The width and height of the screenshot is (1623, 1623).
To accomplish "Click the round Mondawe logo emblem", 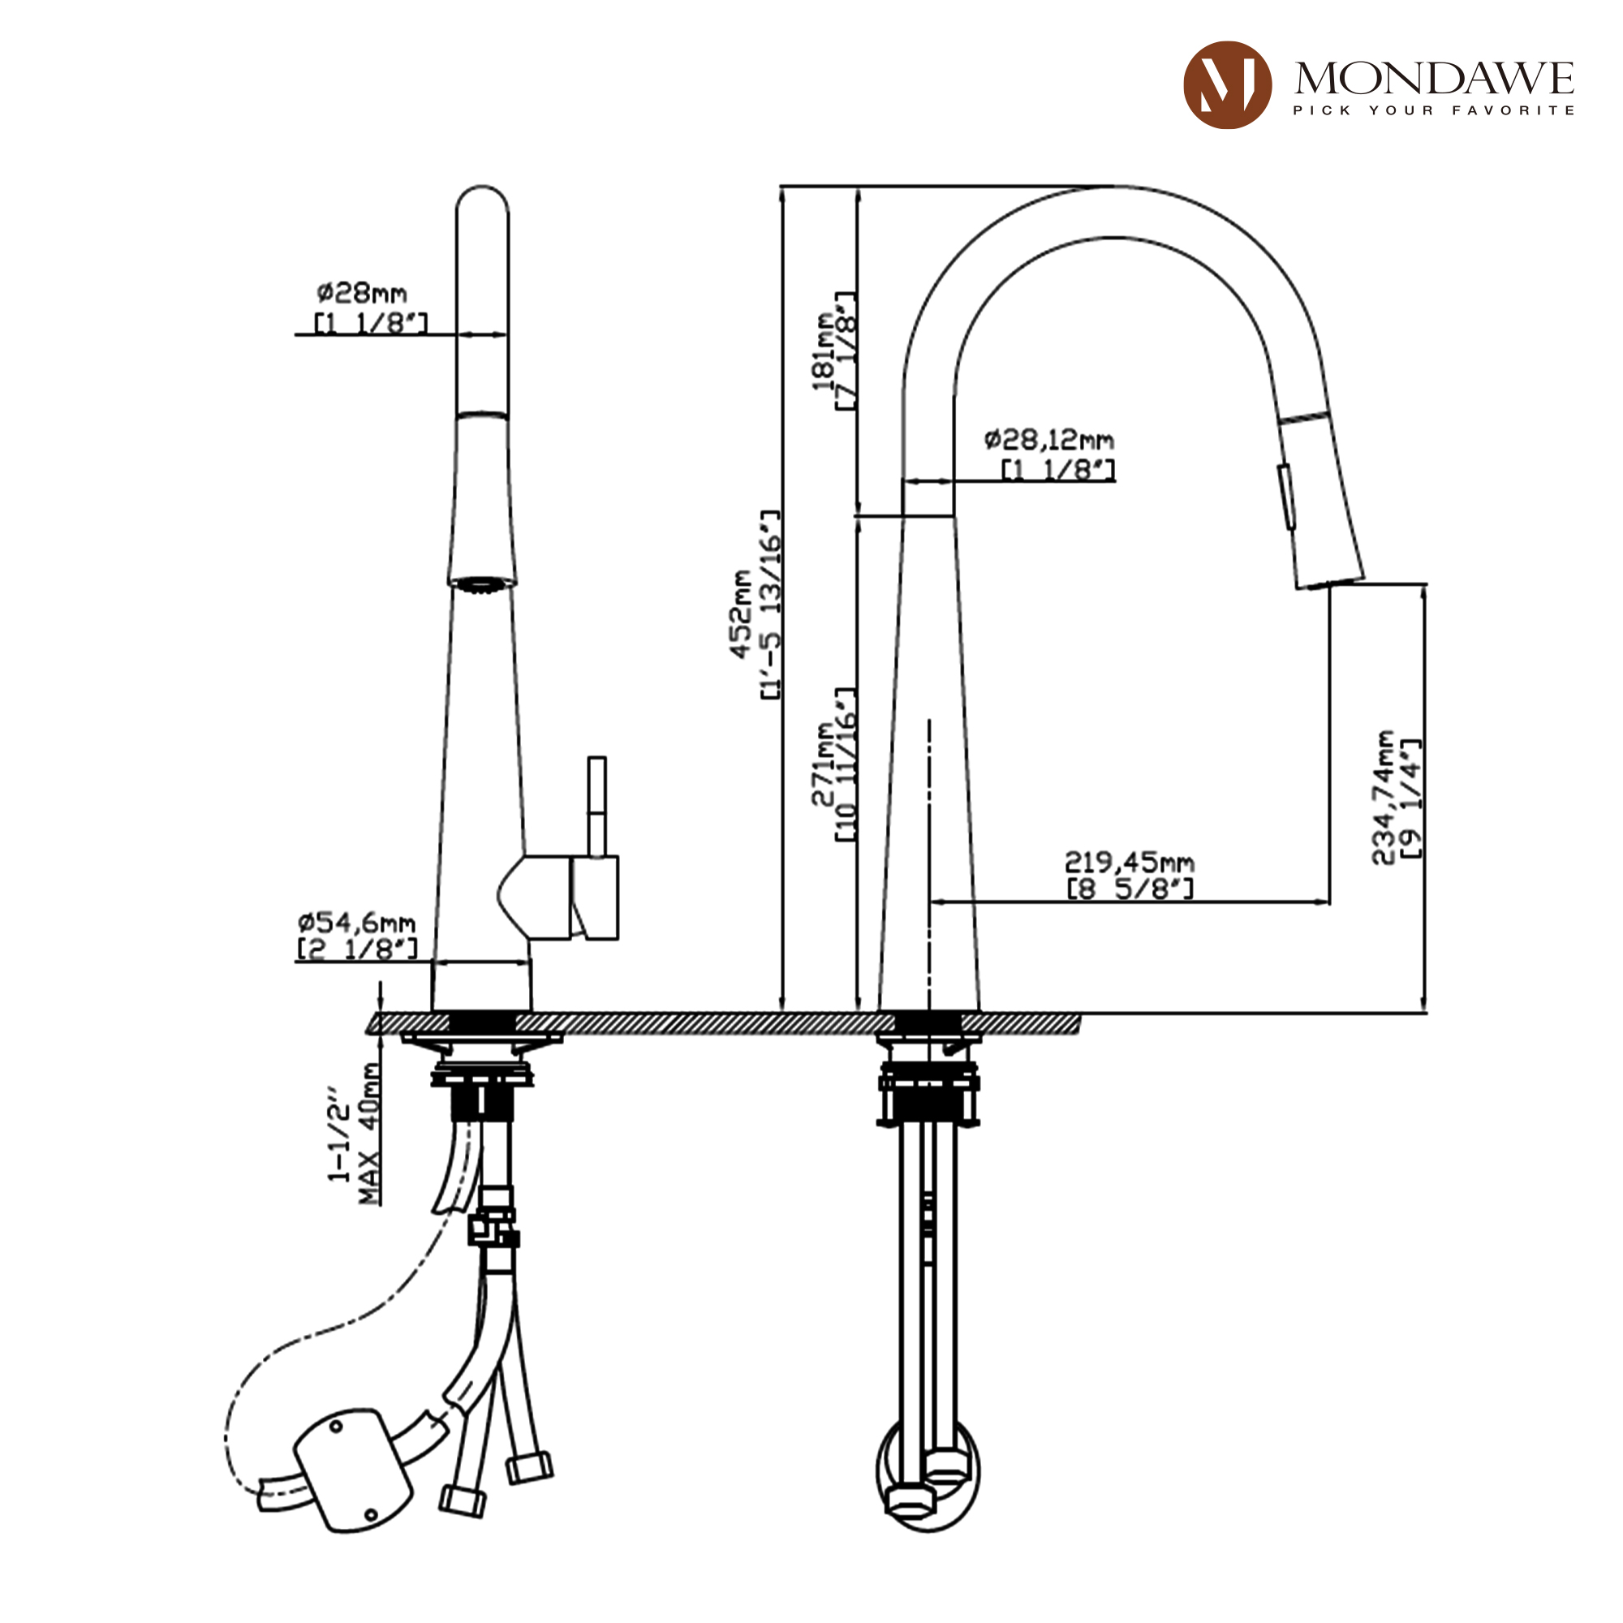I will (x=1226, y=85).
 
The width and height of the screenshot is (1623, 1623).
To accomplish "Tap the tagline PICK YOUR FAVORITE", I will (x=1433, y=110).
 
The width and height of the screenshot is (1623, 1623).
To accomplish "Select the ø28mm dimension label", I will (x=362, y=293).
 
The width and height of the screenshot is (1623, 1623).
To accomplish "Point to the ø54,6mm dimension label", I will (x=356, y=923).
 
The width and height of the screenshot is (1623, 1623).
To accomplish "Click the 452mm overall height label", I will (x=741, y=614).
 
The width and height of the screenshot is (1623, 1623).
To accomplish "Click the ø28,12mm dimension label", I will (x=1049, y=439).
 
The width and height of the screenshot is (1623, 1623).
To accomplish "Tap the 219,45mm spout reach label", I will (x=1129, y=862).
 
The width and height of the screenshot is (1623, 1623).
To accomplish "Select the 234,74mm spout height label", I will (x=1383, y=796).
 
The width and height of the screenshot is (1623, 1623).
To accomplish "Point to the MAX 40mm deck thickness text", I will (x=368, y=1134).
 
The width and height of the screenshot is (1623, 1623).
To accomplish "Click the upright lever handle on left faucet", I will (x=596, y=807).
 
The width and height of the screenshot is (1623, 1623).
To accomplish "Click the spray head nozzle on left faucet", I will (x=481, y=583).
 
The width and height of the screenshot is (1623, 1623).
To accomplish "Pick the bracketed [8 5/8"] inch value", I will (x=1129, y=888).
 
